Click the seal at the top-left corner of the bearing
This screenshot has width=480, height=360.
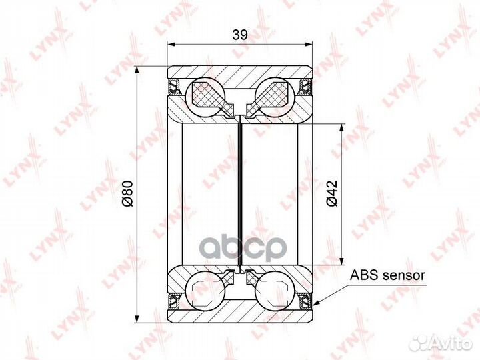pos(174,85)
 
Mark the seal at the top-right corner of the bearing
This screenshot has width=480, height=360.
pos(306,85)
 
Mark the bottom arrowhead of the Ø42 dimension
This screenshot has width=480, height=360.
pos(342,261)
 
